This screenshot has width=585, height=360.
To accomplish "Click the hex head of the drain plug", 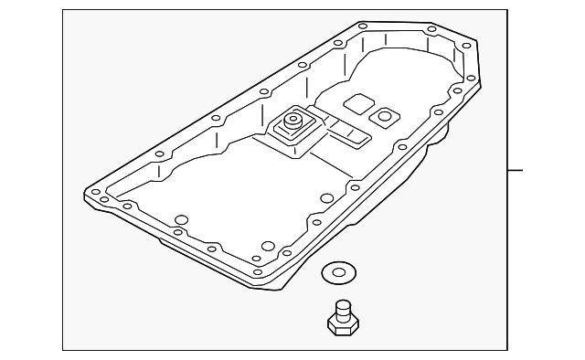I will click(340, 323).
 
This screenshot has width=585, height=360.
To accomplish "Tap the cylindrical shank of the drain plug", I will click(343, 308).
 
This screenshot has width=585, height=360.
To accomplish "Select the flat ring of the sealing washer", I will click(327, 272).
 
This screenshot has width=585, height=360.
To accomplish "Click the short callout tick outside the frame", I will click(516, 170).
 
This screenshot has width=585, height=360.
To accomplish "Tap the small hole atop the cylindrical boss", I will click(293, 117).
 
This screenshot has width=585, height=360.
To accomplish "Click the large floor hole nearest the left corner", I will click(181, 219).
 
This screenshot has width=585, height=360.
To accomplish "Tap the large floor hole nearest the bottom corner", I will click(268, 245).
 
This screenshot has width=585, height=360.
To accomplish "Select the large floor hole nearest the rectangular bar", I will click(326, 197).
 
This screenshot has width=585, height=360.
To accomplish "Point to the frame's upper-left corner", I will click(63, 10).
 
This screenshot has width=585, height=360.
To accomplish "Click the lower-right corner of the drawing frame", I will click(505, 348).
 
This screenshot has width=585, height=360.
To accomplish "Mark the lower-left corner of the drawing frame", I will click(63, 348).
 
